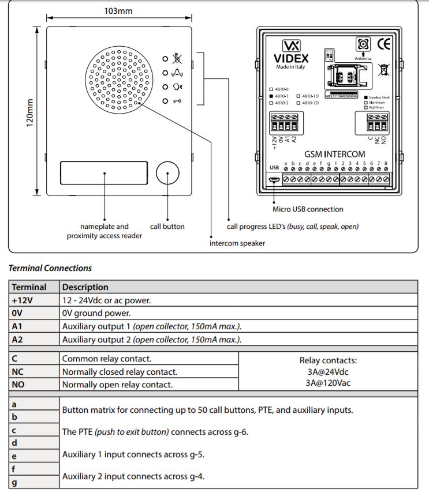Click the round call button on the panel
167,173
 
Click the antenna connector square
363,44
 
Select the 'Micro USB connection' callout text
308,209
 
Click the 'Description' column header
85,287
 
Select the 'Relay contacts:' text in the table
327,360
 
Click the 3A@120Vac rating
327,382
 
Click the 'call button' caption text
167,227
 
